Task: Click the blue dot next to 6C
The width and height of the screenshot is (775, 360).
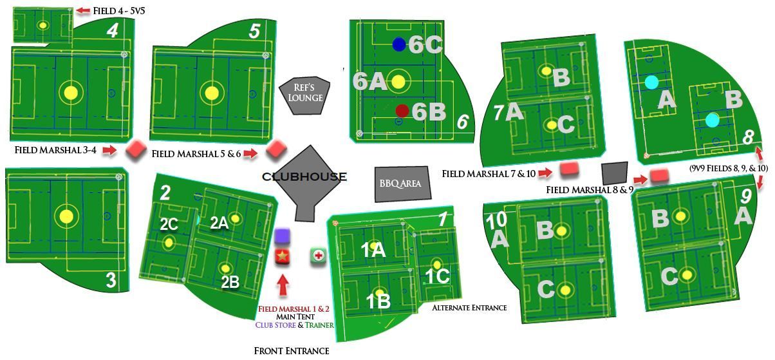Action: [399, 44]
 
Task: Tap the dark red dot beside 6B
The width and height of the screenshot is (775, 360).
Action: [402, 110]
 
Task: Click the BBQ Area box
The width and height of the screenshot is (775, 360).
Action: [402, 184]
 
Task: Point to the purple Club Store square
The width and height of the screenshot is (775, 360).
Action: [283, 236]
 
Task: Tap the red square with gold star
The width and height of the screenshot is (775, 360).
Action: [283, 256]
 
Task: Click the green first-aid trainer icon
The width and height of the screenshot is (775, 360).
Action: [318, 256]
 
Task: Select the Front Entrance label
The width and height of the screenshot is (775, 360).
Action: [292, 351]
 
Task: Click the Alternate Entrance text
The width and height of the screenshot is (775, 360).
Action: [469, 308]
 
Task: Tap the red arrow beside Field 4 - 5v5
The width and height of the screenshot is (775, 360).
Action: [83, 10]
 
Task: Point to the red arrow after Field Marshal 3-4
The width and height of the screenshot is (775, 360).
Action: [109, 151]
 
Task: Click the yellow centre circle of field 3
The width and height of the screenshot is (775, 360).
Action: [66, 216]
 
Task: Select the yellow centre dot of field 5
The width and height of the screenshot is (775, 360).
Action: [212, 93]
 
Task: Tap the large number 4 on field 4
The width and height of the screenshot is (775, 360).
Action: [113, 31]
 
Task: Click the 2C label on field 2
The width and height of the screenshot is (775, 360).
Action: [169, 224]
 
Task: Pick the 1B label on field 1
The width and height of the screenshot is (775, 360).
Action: [378, 301]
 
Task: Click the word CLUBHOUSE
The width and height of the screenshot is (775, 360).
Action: [304, 176]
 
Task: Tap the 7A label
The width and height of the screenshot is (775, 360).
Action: [509, 113]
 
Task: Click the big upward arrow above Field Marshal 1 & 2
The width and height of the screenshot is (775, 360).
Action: [283, 285]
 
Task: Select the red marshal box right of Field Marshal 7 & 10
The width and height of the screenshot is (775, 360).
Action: [570, 169]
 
